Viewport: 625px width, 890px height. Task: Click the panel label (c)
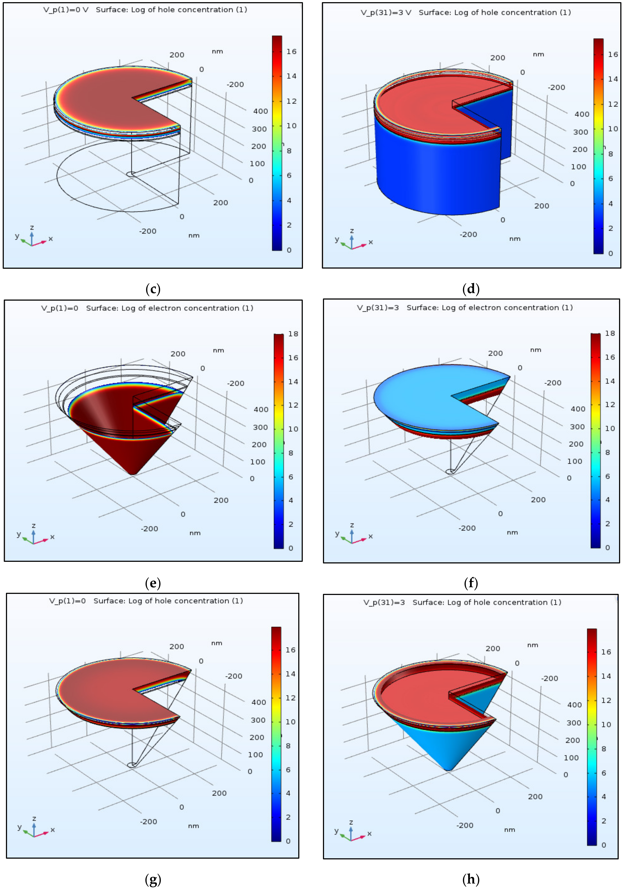[153, 289]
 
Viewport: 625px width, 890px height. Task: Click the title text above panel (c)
[145, 10]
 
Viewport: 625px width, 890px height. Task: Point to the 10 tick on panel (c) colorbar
[291, 126]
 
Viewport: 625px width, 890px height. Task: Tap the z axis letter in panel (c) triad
[32, 227]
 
